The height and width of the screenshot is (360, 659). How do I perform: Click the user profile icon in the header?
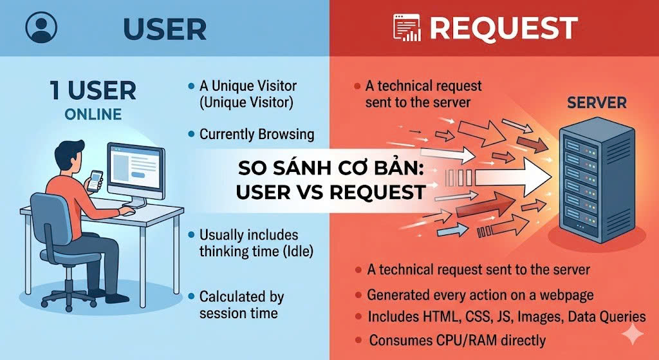click(x=42, y=28)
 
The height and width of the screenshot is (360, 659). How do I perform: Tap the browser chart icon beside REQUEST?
click(x=406, y=28)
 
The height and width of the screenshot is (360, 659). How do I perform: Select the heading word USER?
click(x=164, y=28)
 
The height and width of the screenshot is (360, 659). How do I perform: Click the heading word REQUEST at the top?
click(x=503, y=28)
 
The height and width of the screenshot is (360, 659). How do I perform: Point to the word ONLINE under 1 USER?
click(x=93, y=115)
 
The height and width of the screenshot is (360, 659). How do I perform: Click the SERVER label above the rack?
click(x=597, y=102)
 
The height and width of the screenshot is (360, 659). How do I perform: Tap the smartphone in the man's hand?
click(x=95, y=180)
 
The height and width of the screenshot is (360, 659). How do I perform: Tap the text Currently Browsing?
click(x=256, y=135)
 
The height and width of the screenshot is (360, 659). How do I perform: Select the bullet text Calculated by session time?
click(x=241, y=305)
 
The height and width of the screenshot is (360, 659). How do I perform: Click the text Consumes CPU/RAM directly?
click(x=457, y=340)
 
